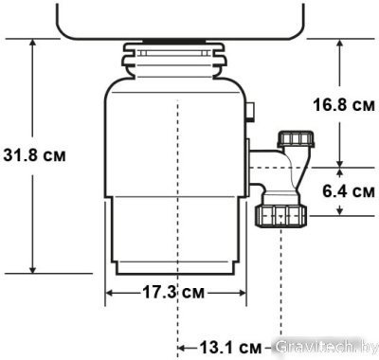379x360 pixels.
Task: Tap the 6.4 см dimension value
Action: pyautogui.click(x=347, y=191)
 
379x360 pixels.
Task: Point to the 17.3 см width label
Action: pyautogui.click(x=177, y=292)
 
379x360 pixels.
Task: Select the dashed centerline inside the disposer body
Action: pyautogui.click(x=177, y=189)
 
